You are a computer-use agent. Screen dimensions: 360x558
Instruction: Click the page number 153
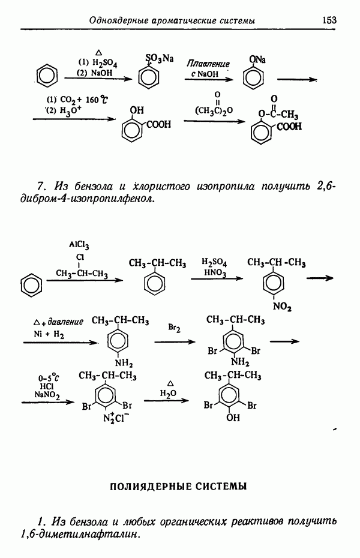click(x=329, y=20)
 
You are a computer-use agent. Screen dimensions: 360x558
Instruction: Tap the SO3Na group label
click(x=160, y=58)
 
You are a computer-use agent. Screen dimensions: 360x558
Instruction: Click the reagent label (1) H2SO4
click(x=97, y=64)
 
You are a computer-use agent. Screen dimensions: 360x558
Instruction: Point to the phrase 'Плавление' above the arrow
click(x=208, y=64)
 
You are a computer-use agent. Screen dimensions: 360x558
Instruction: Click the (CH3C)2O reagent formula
click(x=214, y=110)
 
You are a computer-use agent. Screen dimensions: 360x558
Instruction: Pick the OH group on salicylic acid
click(x=137, y=110)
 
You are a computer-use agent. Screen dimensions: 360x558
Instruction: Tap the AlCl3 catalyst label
click(x=79, y=245)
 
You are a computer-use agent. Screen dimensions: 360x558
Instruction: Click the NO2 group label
click(x=282, y=307)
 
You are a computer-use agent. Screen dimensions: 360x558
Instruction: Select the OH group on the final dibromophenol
click(x=233, y=417)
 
